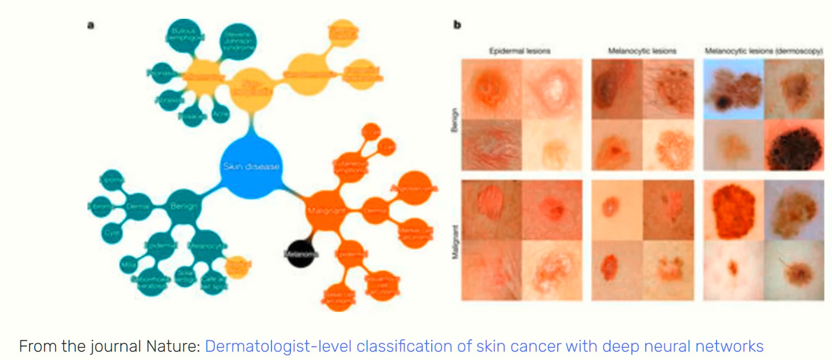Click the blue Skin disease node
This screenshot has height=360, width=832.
coord(251,167)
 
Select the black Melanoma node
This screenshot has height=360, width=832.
coord(301,254)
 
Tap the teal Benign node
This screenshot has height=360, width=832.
coord(184,206)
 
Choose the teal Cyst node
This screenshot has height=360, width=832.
coord(112,233)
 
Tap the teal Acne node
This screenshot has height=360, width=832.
coord(220,113)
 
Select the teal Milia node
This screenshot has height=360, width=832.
coord(128,265)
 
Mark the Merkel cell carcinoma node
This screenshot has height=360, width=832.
coord(415,233)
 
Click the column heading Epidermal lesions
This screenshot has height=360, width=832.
coord(520,51)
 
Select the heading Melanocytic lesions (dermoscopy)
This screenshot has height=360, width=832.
coord(763,51)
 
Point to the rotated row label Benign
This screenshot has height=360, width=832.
coord(454,120)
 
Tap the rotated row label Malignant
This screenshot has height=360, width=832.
coord(454,241)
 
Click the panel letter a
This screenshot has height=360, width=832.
coord(91,25)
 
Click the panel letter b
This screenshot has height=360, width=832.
coord(457,25)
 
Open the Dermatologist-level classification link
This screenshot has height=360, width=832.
coord(484,346)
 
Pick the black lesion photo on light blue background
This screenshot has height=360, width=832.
coord(733,89)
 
